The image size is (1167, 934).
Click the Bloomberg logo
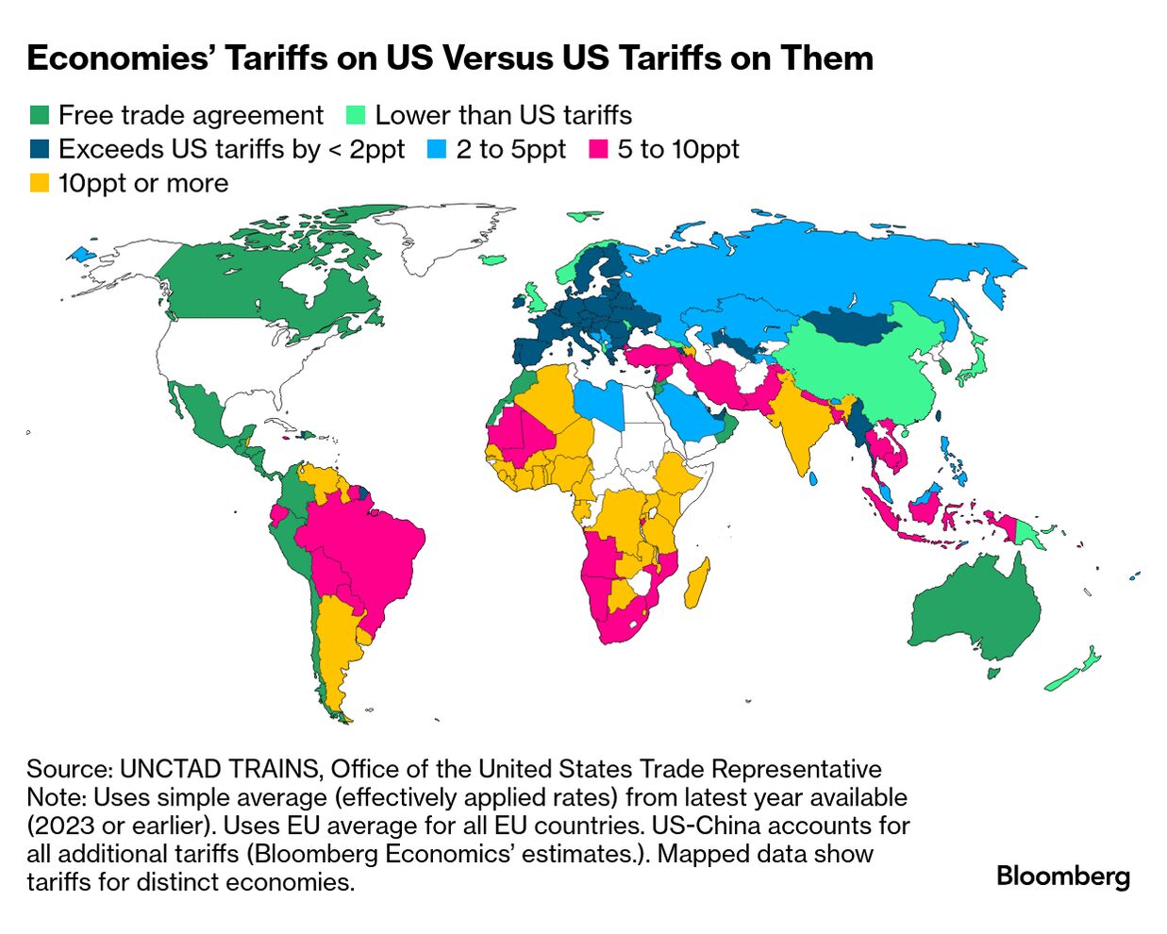(1062, 876)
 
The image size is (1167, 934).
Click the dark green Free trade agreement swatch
(39, 116)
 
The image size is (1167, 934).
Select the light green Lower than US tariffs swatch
(356, 116)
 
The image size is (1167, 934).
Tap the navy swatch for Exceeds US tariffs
(39, 150)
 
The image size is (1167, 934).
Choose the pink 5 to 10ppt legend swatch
(598, 150)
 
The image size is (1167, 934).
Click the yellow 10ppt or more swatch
(39, 184)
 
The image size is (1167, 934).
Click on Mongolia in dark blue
(854, 325)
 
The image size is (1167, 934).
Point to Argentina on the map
(336, 651)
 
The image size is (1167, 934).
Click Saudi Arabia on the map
(689, 415)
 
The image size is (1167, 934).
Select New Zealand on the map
(1075, 670)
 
